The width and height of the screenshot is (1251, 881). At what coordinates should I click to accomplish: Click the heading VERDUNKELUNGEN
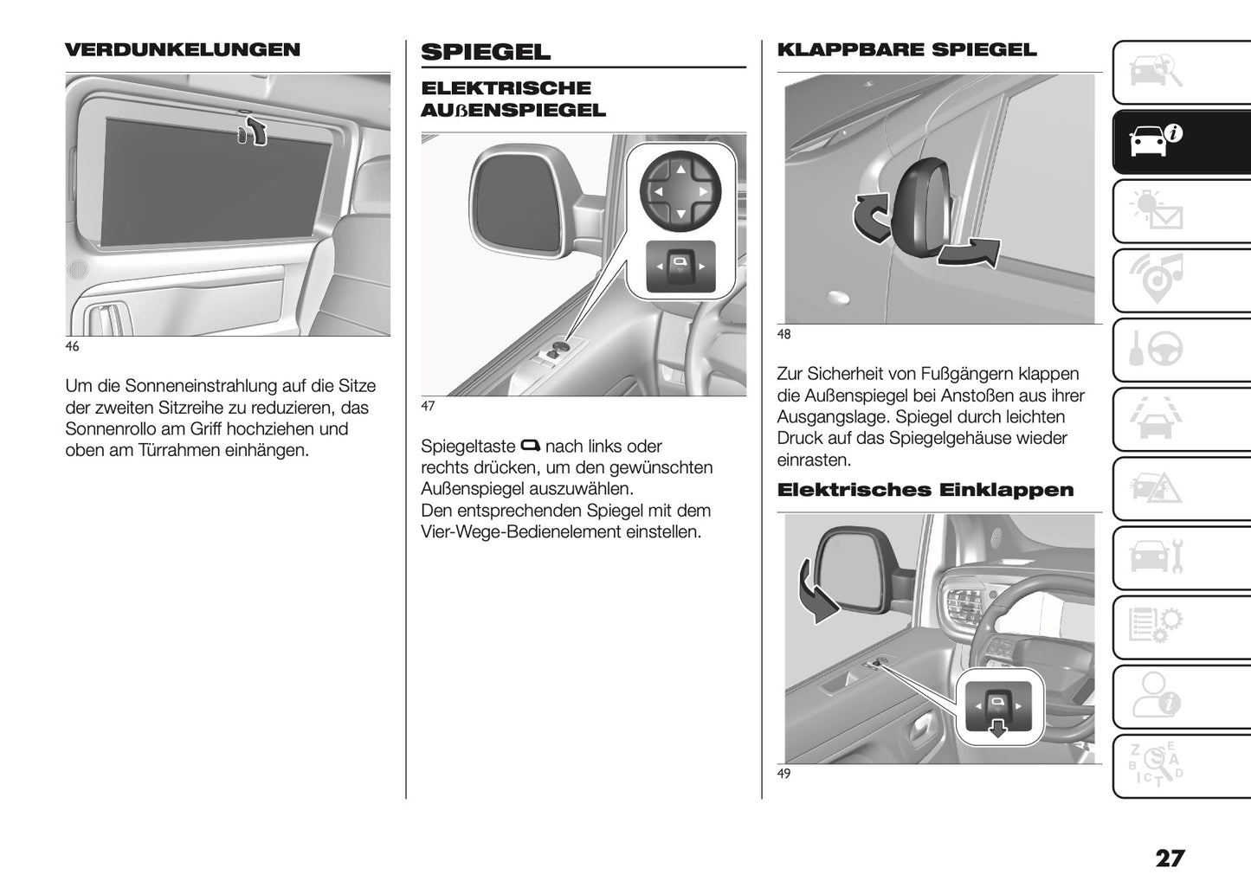coord(183,49)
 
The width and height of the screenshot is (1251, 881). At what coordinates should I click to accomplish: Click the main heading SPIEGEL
coord(485,52)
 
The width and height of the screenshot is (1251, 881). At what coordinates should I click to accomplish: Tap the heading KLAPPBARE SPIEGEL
coord(906,49)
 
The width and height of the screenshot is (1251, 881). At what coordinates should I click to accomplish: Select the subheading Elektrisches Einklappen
coord(925,490)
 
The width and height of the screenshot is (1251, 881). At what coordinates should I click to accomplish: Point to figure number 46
coord(72,346)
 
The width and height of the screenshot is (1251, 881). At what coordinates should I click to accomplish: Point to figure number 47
coord(428,406)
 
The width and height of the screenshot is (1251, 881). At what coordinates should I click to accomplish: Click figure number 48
coord(783,334)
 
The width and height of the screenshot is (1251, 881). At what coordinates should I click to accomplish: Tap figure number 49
coord(783,774)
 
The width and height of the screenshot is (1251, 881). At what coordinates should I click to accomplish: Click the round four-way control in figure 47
coord(680,190)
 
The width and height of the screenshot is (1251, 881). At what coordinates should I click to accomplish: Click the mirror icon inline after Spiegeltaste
coord(530,447)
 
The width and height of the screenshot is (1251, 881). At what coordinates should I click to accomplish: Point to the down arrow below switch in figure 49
coord(998,727)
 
